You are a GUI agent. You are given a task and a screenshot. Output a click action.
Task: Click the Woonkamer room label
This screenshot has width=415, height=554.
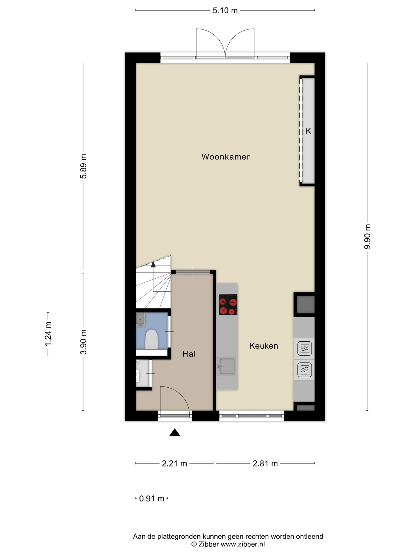(x=226, y=157)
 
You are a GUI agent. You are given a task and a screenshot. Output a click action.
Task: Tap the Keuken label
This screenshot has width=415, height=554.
(x=264, y=346)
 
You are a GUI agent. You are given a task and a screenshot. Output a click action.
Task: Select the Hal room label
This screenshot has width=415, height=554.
(x=189, y=354)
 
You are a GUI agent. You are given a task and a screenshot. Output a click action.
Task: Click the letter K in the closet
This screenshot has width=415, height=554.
(x=308, y=131)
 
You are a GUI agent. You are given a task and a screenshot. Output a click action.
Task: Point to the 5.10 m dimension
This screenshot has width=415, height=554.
(x=225, y=11)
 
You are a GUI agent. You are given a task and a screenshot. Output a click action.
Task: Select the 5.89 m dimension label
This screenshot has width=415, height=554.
(x=83, y=166)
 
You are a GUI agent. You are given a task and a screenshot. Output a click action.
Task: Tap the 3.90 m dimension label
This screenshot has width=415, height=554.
(x=83, y=342)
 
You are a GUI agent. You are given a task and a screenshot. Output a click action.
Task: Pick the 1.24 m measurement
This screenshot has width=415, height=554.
(x=48, y=334)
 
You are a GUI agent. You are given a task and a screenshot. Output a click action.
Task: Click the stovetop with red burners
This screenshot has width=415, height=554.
(x=228, y=305)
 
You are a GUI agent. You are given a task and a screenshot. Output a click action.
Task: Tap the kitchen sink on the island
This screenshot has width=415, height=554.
(x=226, y=367)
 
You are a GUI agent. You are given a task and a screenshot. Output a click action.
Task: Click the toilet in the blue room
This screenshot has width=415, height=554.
(x=152, y=339)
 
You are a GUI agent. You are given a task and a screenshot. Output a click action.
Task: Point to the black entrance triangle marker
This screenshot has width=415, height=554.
(x=175, y=432)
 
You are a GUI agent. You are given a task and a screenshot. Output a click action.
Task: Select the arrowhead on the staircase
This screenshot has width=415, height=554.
(x=153, y=264)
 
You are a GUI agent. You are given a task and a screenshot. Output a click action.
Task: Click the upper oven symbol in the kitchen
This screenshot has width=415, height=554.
(x=304, y=348)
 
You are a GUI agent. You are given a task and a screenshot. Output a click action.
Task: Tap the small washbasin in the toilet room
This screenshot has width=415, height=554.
(x=140, y=319)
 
